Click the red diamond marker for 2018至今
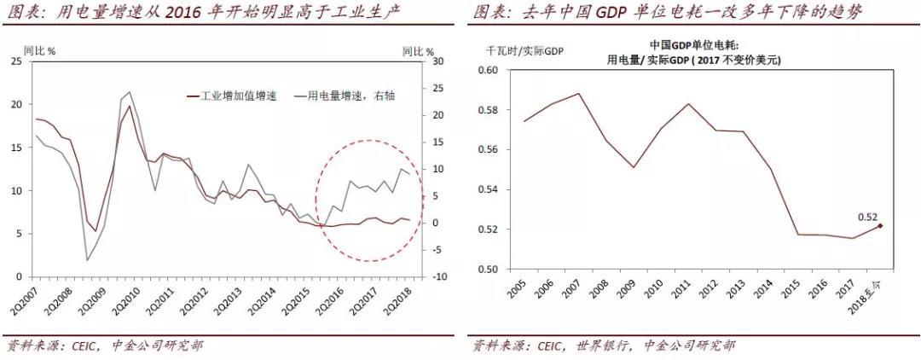coord(879,226)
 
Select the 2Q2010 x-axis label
coord(128,299)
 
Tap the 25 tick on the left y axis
coord(16,61)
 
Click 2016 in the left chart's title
coord(193,12)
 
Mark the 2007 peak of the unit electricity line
coord(578,93)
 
